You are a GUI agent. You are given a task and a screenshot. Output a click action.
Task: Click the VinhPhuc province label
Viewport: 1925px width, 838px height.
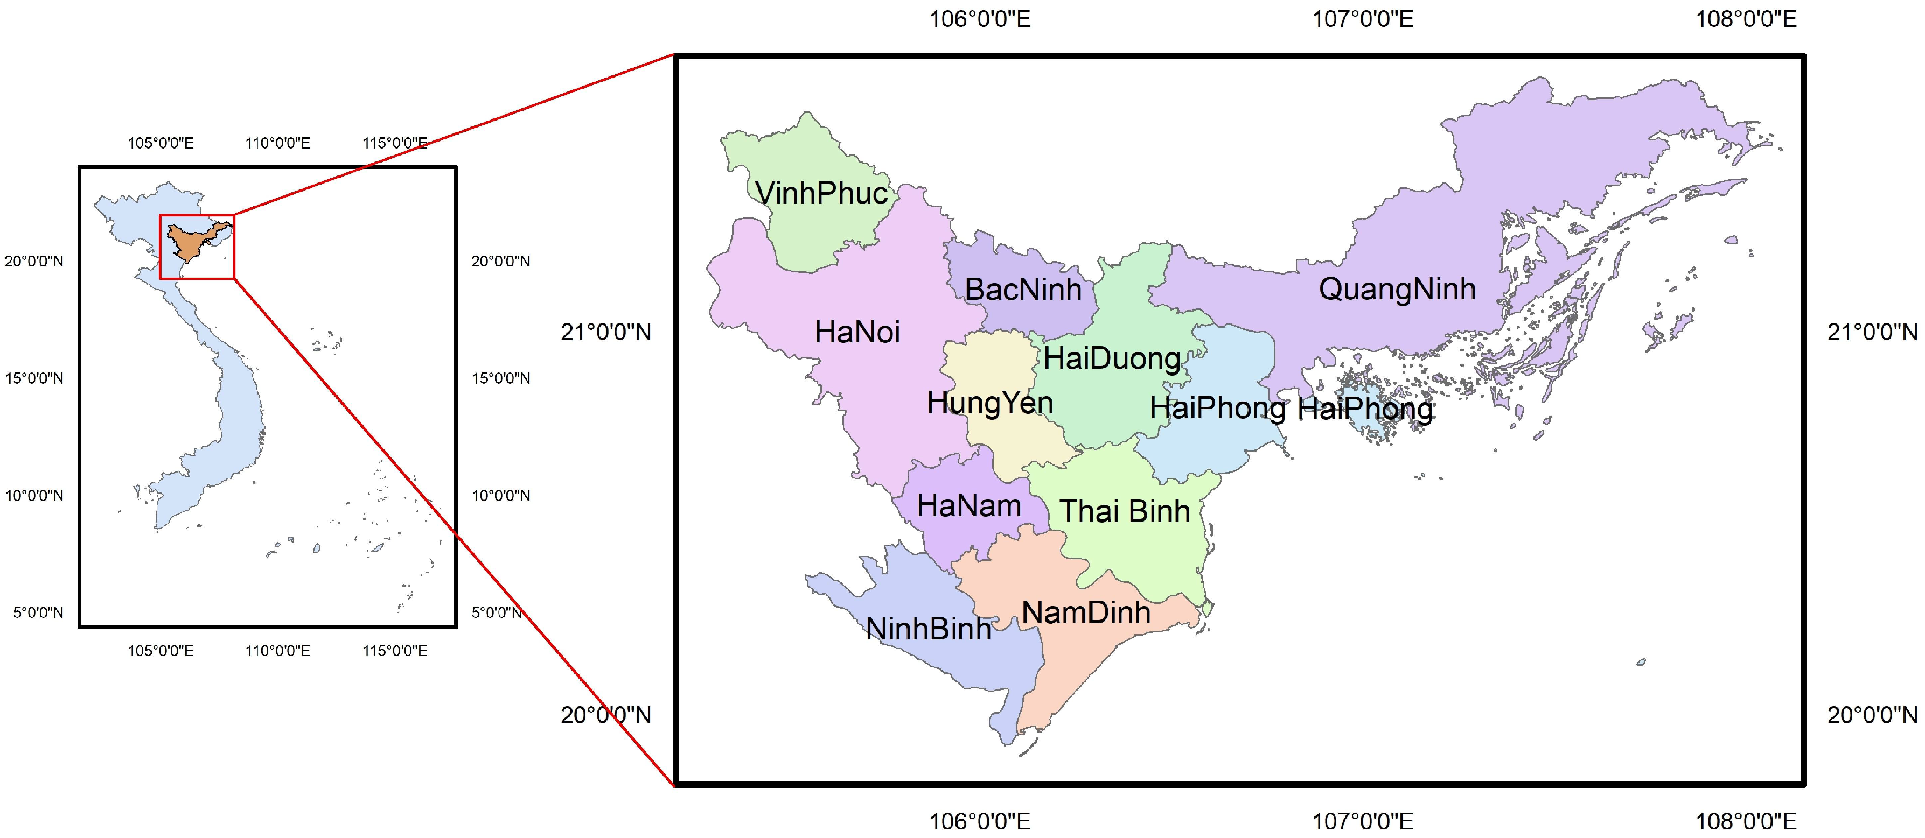coord(821,193)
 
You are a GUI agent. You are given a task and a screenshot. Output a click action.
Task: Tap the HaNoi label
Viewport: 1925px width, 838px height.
coord(857,332)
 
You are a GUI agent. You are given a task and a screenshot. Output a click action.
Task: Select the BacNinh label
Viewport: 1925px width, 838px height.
coord(1023,290)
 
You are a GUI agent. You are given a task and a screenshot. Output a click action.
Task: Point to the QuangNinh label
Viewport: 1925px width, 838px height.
coord(1397,289)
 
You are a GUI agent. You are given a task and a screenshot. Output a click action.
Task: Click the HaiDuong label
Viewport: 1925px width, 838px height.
coord(1112,358)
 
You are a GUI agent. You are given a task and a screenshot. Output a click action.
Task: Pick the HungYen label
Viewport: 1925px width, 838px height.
coord(989,403)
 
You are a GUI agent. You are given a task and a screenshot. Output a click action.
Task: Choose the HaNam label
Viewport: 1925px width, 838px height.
coord(968,506)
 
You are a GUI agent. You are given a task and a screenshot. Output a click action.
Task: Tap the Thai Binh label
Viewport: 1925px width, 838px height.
coord(1124,512)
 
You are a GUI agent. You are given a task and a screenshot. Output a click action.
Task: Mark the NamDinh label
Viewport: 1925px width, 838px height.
coord(1085,613)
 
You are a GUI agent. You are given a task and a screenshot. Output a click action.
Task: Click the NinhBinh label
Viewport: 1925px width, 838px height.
coord(928,630)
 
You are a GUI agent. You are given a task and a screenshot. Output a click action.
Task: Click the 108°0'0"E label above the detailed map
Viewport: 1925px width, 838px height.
coord(1745,19)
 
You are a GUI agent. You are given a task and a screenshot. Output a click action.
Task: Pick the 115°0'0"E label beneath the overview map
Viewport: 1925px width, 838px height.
coord(395,651)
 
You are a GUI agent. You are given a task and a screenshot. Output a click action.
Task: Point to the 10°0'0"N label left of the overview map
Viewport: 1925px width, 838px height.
coord(34,496)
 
